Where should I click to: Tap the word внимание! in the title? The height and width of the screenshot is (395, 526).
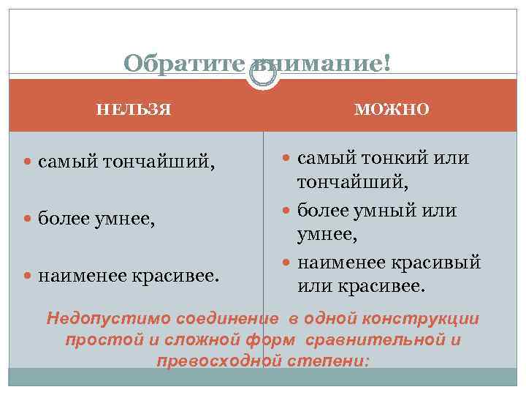321,64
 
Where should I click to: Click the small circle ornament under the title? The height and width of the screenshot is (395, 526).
262,75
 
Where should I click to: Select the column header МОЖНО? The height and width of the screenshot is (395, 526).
392,110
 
